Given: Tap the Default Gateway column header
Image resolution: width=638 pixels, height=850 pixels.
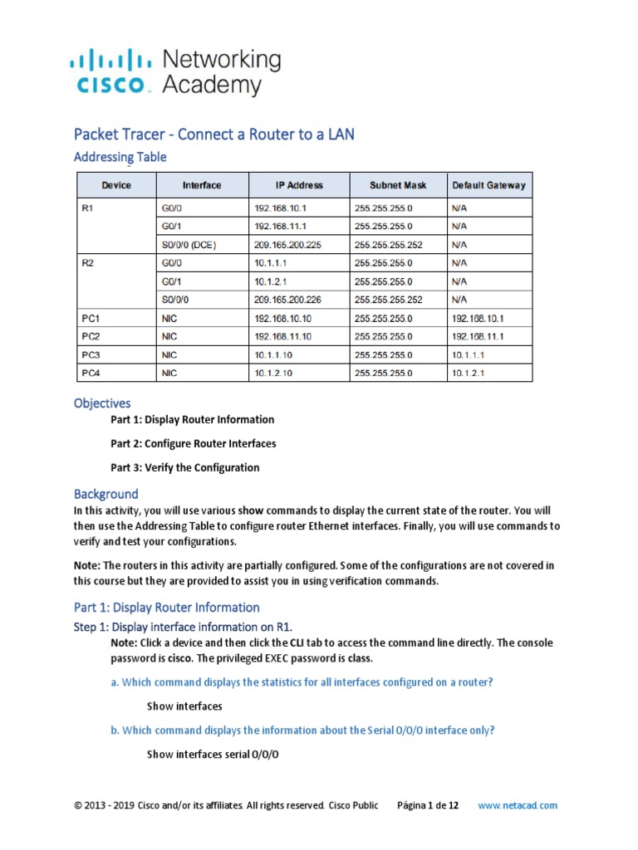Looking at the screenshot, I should (x=488, y=185).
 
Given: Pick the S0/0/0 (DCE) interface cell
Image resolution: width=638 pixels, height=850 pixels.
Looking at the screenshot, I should (x=194, y=245).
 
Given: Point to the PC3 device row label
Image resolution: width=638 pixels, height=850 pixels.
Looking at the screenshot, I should (x=91, y=354).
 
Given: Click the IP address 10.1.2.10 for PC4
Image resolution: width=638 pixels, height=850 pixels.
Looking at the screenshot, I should (x=273, y=374).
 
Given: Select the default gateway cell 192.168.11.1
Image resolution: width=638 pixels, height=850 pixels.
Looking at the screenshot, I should (x=478, y=336).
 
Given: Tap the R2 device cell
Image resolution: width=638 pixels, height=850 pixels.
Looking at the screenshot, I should (x=91, y=263).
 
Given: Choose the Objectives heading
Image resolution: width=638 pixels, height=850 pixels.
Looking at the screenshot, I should (x=102, y=403).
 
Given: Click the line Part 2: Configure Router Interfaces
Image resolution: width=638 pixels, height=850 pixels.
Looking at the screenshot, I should (x=193, y=443).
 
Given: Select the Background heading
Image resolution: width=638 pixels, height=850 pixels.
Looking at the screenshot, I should (x=106, y=494).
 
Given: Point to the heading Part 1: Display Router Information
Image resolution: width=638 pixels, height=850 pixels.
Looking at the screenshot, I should (x=167, y=607).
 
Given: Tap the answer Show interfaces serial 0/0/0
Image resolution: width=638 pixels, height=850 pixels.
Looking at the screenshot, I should (x=213, y=755).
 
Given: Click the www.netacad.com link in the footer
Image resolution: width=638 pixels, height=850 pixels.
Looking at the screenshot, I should (x=518, y=805).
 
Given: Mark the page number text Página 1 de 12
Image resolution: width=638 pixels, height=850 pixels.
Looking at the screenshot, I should (x=429, y=805).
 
